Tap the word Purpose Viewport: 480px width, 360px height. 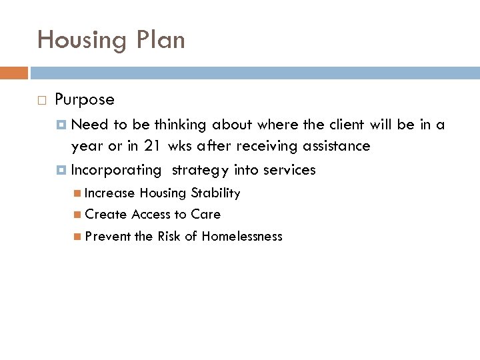coord(85,100)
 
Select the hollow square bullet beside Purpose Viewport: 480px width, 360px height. coord(42,101)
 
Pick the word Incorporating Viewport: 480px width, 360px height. coord(116,171)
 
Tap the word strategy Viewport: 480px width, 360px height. coord(200,171)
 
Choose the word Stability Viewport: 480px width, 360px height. coord(215,193)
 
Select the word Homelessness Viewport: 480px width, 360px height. coord(242,236)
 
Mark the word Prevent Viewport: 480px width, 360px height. coord(108,236)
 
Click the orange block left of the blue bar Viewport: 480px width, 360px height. coord(14,73)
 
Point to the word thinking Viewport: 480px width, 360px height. coord(182,125)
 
